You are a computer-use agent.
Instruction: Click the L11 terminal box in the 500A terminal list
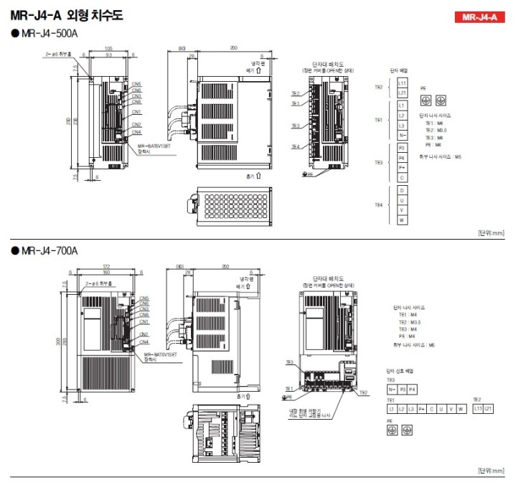click(x=403, y=84)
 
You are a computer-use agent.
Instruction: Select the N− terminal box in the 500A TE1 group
click(x=403, y=135)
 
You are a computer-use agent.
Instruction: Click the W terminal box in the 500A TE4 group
click(x=403, y=220)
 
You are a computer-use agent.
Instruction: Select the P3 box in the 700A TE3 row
click(x=403, y=389)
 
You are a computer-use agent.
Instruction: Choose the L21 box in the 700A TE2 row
click(x=489, y=407)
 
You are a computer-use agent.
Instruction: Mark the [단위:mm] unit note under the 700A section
click(x=491, y=471)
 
